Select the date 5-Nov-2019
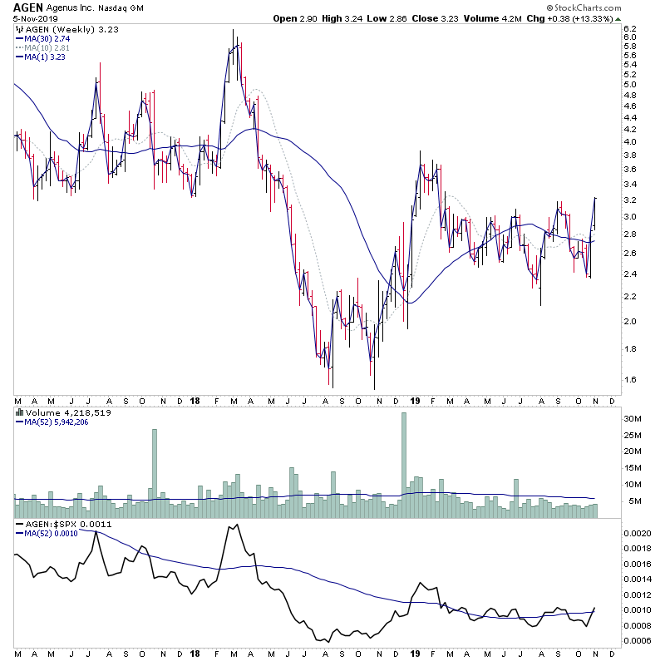coord(30,21)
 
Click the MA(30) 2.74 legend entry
coord(46,38)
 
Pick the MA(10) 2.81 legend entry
coord(46,48)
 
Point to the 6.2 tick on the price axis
coord(630,27)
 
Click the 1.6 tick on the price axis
coord(630,380)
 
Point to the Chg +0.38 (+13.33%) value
coord(610,18)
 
